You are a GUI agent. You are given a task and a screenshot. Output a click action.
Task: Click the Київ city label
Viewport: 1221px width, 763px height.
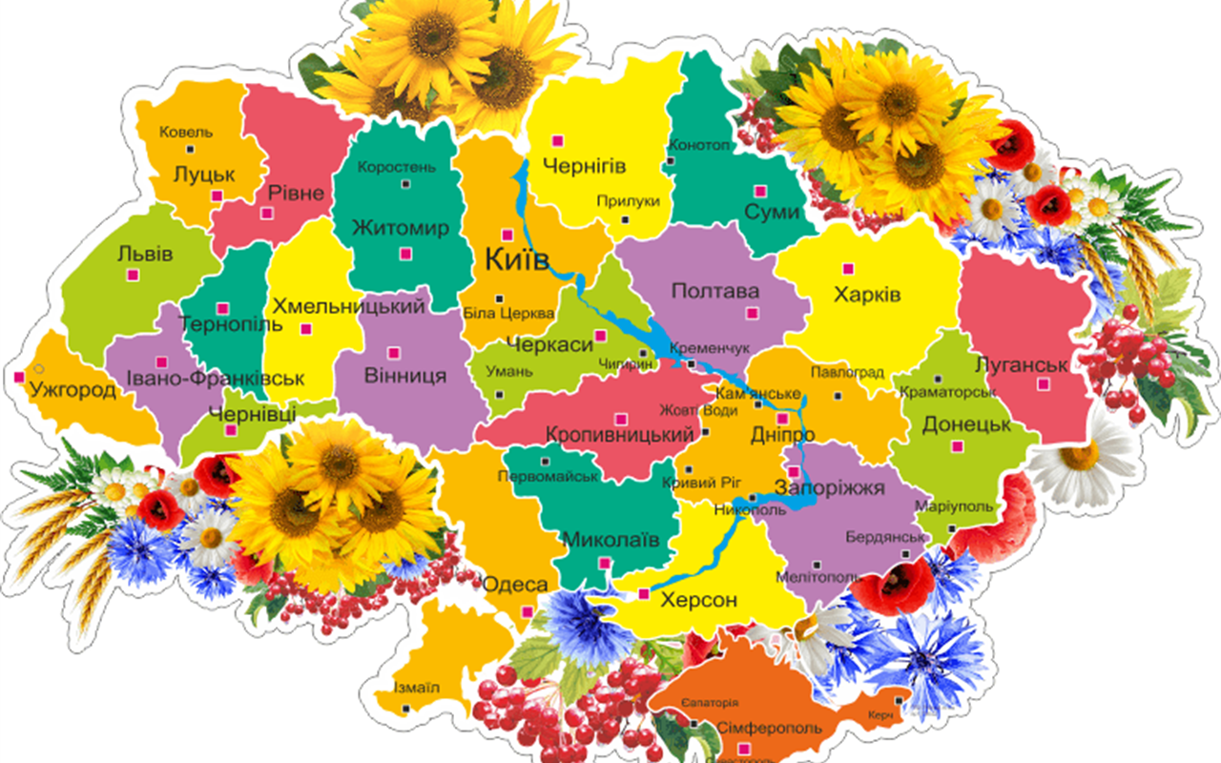(517, 259)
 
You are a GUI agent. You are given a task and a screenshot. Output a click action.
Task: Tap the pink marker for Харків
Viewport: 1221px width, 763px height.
(846, 268)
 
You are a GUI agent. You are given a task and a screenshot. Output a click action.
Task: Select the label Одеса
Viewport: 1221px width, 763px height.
(515, 585)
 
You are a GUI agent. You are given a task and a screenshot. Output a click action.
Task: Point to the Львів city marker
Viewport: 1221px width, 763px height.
(133, 275)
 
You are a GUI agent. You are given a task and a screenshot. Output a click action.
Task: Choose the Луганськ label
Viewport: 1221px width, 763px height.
(1022, 364)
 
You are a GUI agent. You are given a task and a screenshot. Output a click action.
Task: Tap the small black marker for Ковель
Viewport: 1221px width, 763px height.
(191, 150)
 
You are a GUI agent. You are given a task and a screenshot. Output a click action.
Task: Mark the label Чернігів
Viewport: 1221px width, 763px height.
(584, 167)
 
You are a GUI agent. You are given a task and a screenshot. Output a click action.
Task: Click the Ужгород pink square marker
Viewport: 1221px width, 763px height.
(19, 377)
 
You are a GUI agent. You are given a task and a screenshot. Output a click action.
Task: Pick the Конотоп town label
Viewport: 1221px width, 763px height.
(699, 146)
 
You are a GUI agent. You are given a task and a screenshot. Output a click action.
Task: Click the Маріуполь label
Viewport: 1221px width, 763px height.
(954, 506)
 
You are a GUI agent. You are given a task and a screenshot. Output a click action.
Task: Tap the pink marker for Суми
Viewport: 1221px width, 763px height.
(759, 190)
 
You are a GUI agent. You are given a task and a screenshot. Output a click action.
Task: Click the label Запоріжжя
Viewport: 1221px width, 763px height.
(829, 488)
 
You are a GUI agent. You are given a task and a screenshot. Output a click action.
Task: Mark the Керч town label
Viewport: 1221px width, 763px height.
(880, 714)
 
